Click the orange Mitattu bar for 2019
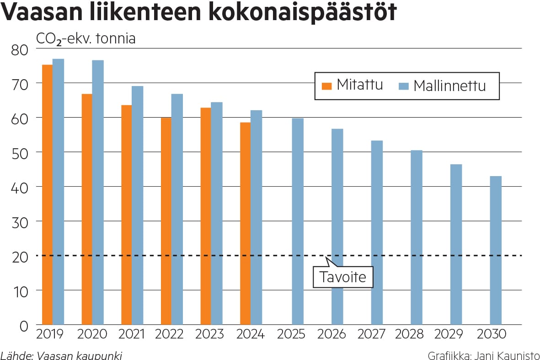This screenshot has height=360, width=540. point(47,194)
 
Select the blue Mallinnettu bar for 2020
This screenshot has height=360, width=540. point(98,192)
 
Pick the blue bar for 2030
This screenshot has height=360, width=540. point(496,250)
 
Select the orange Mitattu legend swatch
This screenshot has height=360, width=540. point(326,86)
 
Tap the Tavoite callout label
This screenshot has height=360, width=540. point(343,277)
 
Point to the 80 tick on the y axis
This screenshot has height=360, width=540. point(19,49)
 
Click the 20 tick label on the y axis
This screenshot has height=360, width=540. point(19,256)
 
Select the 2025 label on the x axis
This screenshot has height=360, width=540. point(291,334)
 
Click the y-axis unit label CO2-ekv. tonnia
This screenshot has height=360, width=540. point(86,39)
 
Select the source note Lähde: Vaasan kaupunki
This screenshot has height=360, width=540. point(61,355)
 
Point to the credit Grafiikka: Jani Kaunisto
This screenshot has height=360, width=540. point(483,355)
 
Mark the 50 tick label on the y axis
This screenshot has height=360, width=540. point(19,152)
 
